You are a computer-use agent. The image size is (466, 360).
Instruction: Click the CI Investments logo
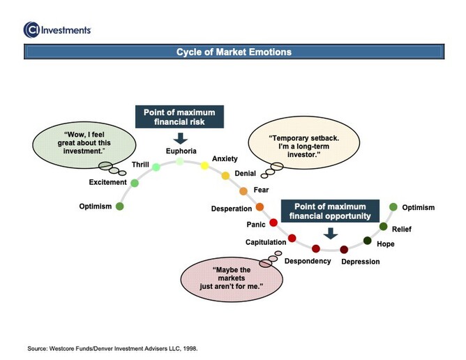[57, 29]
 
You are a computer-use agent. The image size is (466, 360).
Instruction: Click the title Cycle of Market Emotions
[233, 52]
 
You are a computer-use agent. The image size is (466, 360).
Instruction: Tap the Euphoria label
[181, 151]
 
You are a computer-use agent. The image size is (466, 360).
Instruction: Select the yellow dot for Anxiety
[204, 165]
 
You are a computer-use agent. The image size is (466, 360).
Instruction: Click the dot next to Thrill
[156, 167]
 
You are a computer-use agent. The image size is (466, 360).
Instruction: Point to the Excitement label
[107, 183]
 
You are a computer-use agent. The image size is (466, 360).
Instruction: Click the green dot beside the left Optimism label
[119, 207]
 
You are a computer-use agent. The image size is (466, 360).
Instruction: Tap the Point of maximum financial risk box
[179, 117]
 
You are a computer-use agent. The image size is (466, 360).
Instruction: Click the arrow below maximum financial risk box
[181, 137]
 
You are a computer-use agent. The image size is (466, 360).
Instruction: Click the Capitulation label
[265, 242]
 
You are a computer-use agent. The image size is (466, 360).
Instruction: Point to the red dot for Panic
[273, 223]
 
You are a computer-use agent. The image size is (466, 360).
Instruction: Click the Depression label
[360, 262]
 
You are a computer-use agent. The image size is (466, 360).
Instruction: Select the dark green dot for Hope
[368, 241]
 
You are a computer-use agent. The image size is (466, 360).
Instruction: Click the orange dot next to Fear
[243, 190]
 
